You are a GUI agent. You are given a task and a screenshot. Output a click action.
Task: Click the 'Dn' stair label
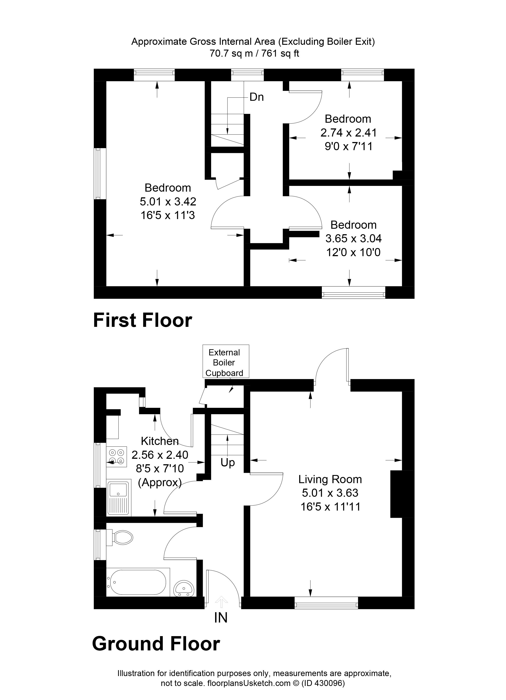pyautogui.click(x=256, y=97)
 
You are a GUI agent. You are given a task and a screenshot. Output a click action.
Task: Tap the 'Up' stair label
pyautogui.click(x=228, y=463)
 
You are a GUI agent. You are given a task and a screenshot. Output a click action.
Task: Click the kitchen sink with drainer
pyautogui.click(x=119, y=498)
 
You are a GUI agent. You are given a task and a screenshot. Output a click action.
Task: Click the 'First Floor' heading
pyautogui.click(x=142, y=321)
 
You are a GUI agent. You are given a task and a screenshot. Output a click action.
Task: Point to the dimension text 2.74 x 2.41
pyautogui.click(x=348, y=133)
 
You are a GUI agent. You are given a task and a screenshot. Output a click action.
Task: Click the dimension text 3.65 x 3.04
pyautogui.click(x=353, y=239)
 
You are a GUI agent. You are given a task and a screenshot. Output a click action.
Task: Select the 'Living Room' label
pyautogui.click(x=330, y=479)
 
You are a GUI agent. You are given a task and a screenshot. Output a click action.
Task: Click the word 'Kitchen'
pyautogui.click(x=160, y=441)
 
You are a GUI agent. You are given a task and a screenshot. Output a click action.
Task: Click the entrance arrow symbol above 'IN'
pyautogui.click(x=221, y=600)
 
